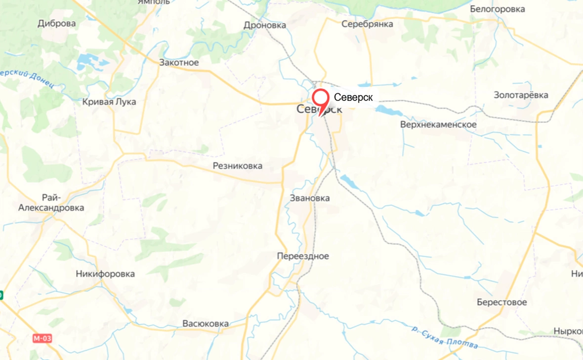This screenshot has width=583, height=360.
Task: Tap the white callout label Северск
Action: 353,97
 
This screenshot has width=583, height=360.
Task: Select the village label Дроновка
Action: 265,25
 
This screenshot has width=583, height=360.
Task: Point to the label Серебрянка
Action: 367,24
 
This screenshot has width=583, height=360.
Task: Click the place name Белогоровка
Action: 497,9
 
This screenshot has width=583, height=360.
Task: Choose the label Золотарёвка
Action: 521,95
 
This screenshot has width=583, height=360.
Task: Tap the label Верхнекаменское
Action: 438,124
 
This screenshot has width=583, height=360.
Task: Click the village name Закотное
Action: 179,63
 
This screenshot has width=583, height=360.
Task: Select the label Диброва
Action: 57,24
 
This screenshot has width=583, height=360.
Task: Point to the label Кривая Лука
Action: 109,102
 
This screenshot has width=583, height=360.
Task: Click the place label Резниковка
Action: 238,166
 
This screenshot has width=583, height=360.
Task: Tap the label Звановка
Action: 310,198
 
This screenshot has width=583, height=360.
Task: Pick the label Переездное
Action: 303,256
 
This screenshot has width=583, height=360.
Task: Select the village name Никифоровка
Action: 105,274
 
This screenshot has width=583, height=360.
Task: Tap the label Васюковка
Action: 206,324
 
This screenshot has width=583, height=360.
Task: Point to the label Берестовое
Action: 501,302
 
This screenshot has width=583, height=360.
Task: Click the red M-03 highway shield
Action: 42,339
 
